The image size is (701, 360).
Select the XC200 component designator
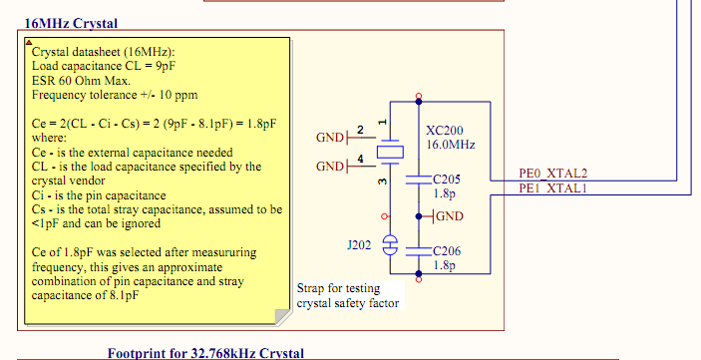(444, 131)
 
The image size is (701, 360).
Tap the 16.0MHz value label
(450, 146)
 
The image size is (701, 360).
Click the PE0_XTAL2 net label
(553, 173)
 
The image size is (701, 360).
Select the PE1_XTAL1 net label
(553, 188)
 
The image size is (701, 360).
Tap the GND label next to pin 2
(330, 137)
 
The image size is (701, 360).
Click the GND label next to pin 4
(330, 167)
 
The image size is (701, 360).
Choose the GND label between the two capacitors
(447, 216)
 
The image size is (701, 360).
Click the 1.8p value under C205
(444, 194)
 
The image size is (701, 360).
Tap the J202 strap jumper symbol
(390, 242)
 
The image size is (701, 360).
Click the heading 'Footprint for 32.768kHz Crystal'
(205, 353)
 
